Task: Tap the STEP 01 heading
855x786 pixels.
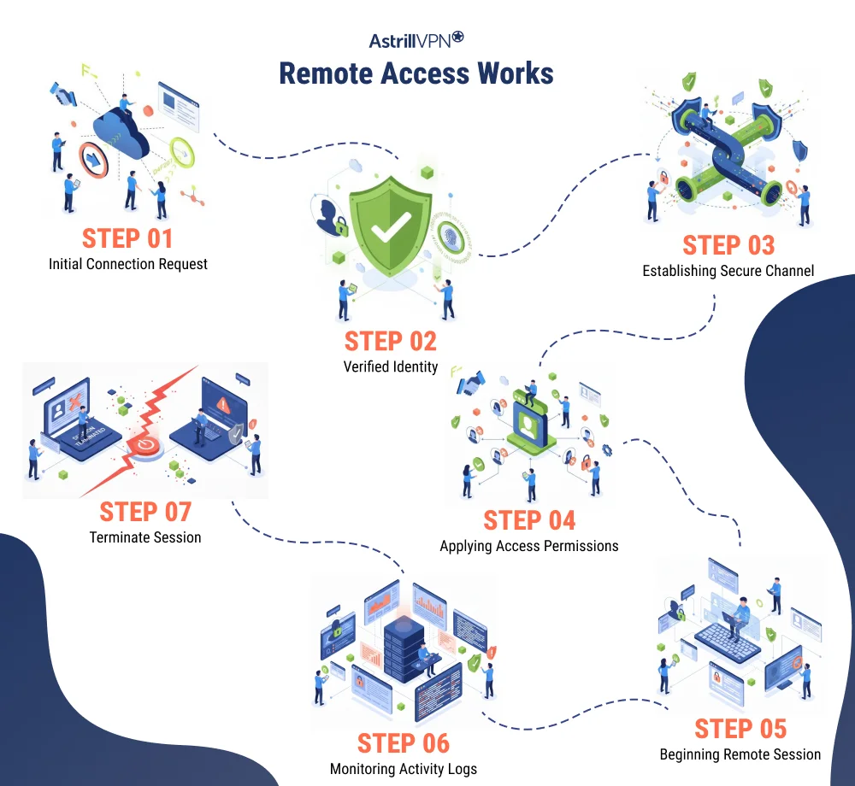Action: point(127,238)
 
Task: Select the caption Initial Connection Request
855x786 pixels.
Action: point(127,264)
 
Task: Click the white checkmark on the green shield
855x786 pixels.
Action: point(391,225)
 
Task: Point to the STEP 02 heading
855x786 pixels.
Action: point(391,341)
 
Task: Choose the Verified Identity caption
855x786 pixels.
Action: point(391,367)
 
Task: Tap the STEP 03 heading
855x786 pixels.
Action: point(728,245)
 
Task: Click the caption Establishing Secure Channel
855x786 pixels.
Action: point(728,271)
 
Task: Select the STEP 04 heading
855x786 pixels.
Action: point(529,519)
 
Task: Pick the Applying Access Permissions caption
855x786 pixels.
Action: point(529,546)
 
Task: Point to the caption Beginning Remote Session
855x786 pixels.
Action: point(740,754)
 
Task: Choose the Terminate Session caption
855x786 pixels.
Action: point(145,537)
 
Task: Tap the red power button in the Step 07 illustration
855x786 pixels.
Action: point(146,445)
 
